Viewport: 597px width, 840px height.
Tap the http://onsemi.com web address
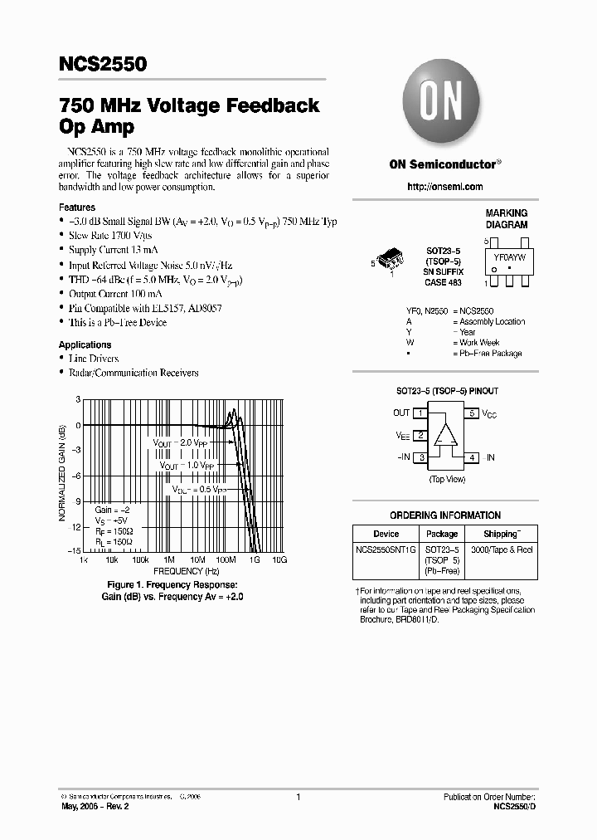point(445,188)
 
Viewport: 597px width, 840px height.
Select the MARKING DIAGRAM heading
point(506,219)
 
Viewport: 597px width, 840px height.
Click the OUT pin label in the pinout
point(401,413)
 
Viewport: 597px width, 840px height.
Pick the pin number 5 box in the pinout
point(472,413)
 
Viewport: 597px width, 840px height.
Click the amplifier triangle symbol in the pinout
point(447,435)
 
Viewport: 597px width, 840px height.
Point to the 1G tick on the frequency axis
point(254,561)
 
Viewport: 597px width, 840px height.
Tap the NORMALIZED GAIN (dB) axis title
point(64,474)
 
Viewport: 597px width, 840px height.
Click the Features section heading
point(77,208)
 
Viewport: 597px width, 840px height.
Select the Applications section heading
point(85,344)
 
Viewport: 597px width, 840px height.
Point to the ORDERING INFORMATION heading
point(445,515)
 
